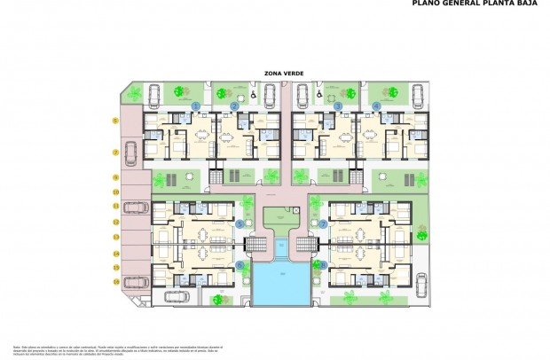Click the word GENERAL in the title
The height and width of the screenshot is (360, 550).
pos(462,4)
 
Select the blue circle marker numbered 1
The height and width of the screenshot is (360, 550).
pos(195,106)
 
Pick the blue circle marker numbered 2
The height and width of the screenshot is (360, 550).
pos(234,106)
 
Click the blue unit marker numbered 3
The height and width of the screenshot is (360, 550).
pos(338,106)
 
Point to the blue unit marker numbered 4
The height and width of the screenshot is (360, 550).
pos(377,106)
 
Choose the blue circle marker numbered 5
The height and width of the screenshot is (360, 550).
pos(240,225)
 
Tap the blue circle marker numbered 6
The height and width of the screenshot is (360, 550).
pos(240,264)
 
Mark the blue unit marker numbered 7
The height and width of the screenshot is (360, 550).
pos(324,225)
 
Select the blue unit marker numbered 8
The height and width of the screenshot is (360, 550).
pos(324,264)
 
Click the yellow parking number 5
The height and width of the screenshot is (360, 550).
pos(115,120)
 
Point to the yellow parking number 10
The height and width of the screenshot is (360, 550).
pos(115,192)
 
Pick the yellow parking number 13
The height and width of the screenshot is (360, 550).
pos(115,237)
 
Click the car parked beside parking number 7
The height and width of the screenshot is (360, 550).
pos(130,155)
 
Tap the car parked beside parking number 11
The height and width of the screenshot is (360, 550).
pos(136,207)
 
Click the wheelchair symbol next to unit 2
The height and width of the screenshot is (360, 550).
pos(253,91)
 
